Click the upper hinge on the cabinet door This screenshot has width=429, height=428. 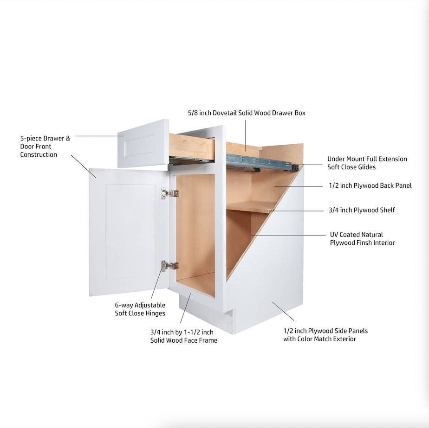coord(169,193)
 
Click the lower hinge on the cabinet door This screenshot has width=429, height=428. coord(169,265)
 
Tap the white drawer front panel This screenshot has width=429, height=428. coord(143,144)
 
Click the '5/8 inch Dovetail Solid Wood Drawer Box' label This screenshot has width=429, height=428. coord(247,113)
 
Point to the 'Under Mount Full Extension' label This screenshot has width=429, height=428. coord(367,159)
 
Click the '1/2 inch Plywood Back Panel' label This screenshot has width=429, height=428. coord(370,185)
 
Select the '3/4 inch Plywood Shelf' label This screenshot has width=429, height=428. coord(362,210)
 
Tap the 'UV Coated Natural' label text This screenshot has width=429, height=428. coord(357,235)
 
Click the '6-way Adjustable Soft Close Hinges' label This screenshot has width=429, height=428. coord(140,309)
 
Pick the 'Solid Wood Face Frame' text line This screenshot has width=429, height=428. coord(183,340)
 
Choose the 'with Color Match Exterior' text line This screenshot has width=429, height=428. coord(319,339)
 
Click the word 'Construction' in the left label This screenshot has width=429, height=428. coord(39,154)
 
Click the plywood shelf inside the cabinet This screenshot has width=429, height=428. coord(246,206)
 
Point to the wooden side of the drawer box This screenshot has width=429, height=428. coord(191,146)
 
